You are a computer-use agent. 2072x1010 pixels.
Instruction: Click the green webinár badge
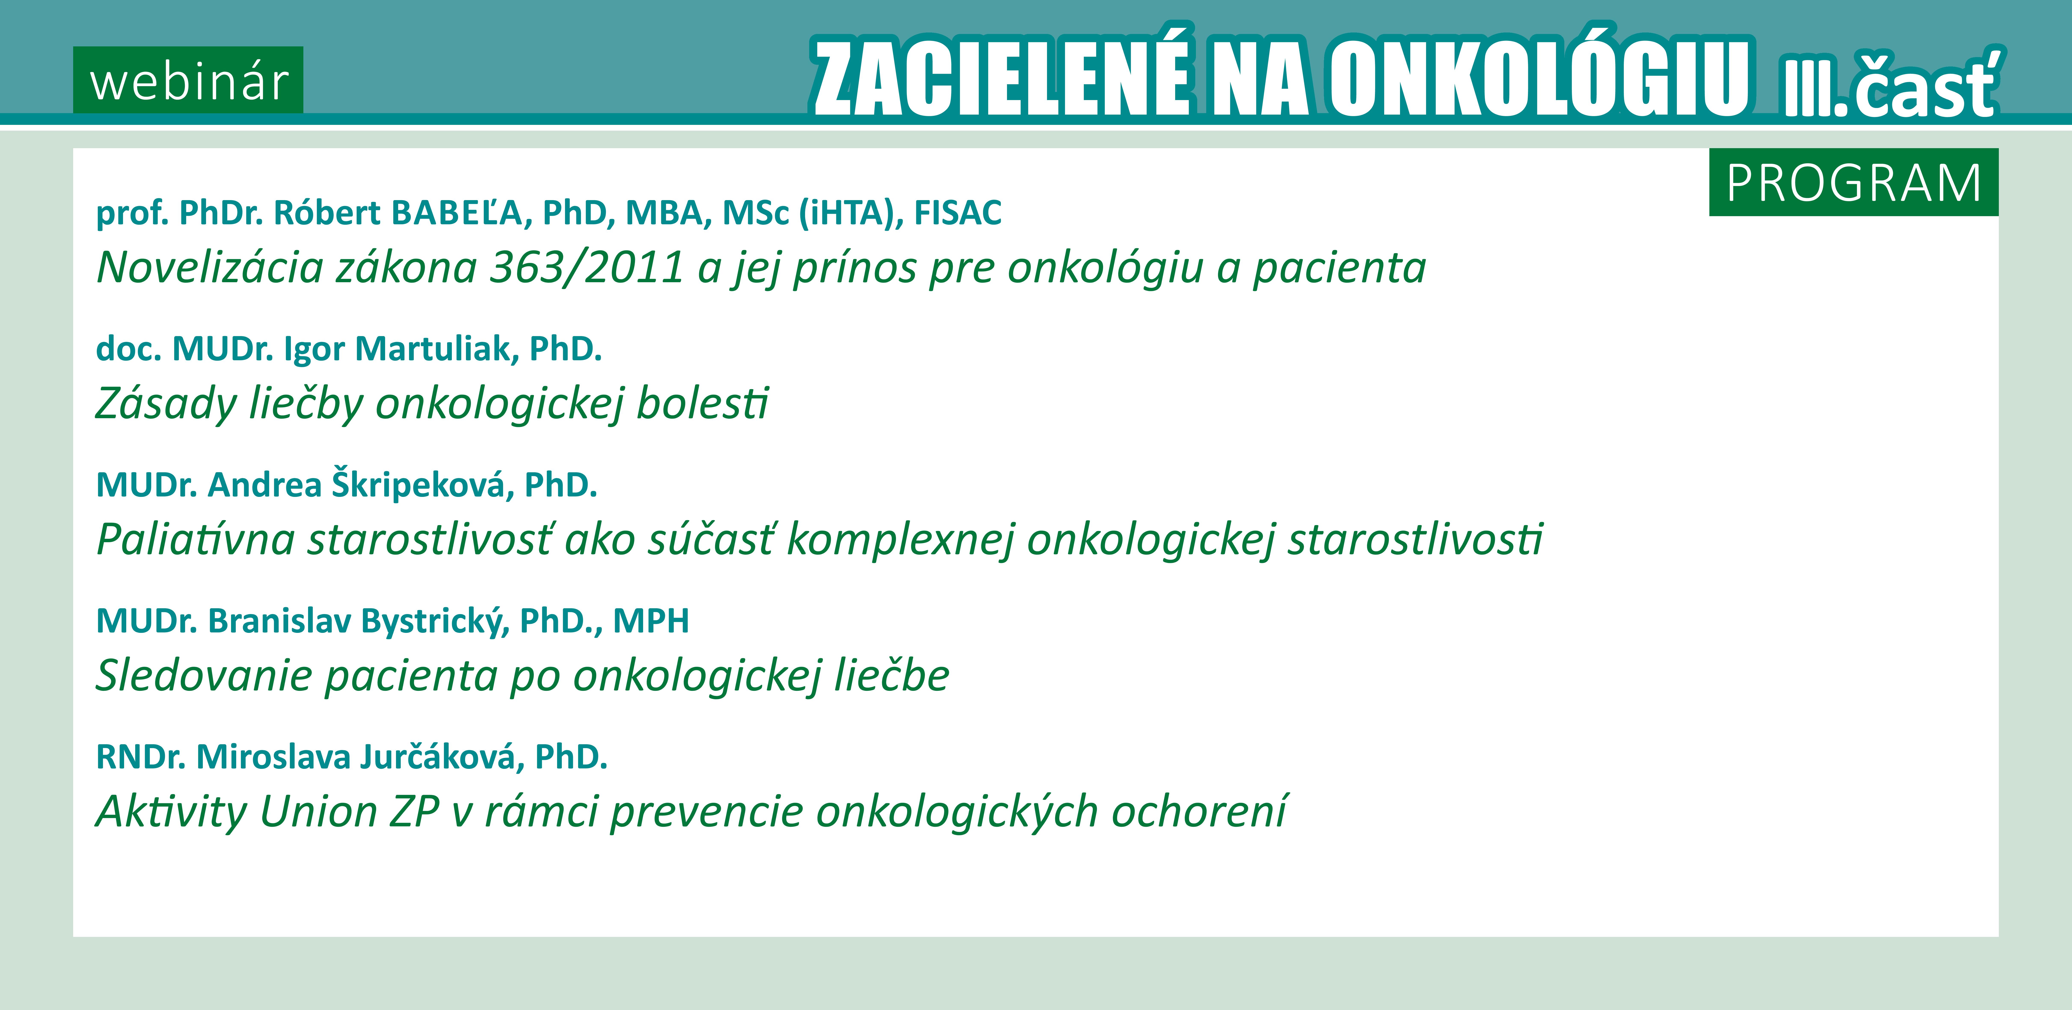point(188,80)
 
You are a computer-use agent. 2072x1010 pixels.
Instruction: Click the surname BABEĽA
point(456,213)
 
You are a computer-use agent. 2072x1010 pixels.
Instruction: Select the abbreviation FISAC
point(958,213)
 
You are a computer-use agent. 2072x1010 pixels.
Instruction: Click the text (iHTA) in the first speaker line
point(847,213)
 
